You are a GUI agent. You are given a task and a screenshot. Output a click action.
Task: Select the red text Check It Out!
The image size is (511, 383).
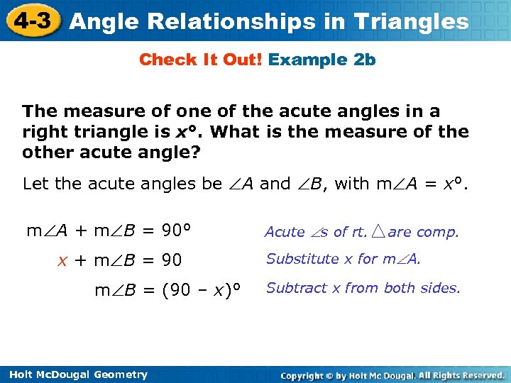point(201,60)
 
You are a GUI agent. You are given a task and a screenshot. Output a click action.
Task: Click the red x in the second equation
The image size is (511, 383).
point(62,260)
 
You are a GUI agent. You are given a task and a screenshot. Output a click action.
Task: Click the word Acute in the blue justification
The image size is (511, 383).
point(285,232)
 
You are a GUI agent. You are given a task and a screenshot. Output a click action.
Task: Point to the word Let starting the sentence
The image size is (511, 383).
point(35,184)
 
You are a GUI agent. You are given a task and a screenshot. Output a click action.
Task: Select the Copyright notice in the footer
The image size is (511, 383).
point(392,374)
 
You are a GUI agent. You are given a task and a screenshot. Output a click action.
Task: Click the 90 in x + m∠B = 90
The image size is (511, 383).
point(171,260)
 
